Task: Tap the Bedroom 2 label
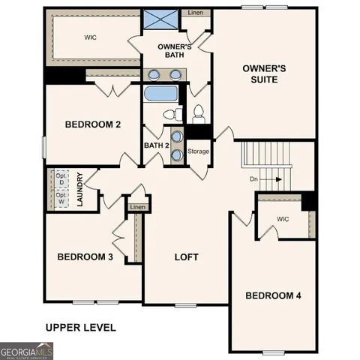pyautogui.click(x=93, y=124)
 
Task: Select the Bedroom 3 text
pyautogui.click(x=85, y=256)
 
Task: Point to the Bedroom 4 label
pyautogui.click(x=273, y=295)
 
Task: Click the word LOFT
pyautogui.click(x=186, y=256)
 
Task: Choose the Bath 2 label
pyautogui.click(x=156, y=145)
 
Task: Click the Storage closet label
pyautogui.click(x=198, y=151)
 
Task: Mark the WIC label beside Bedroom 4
pyautogui.click(x=282, y=219)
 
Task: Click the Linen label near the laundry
pyautogui.click(x=137, y=207)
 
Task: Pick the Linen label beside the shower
pyautogui.click(x=195, y=13)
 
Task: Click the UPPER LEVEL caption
pyautogui.click(x=80, y=327)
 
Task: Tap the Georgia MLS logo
pyautogui.click(x=27, y=350)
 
